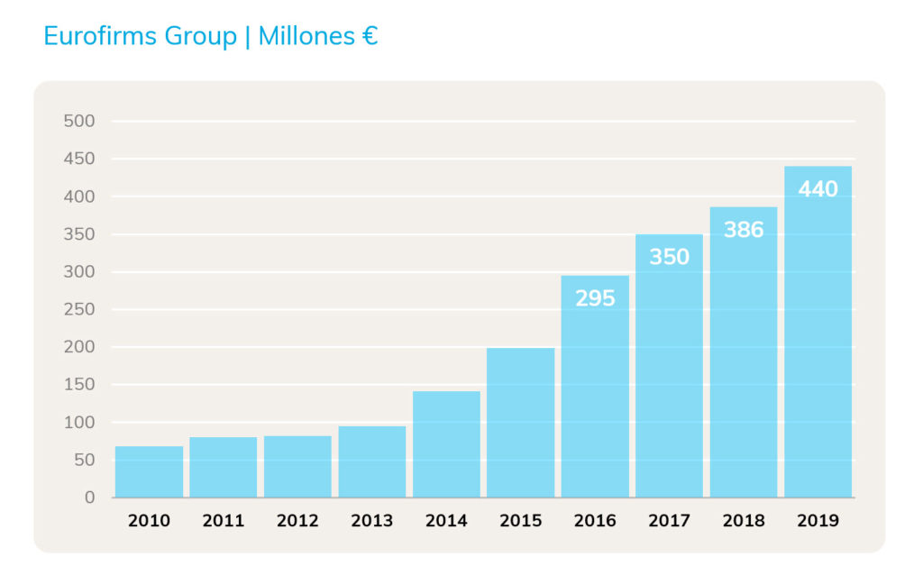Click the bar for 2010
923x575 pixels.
(x=149, y=471)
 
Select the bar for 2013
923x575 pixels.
(x=372, y=461)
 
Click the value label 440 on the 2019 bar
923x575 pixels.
(x=818, y=189)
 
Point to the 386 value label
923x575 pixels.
(x=744, y=230)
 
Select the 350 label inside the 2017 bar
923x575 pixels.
(x=669, y=257)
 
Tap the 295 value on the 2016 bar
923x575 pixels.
(x=595, y=298)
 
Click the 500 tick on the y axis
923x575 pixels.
(x=79, y=122)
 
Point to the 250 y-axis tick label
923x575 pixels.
(x=79, y=309)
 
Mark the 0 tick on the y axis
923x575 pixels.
(x=89, y=497)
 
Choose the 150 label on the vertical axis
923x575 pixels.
(x=79, y=385)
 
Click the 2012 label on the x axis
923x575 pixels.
(x=297, y=521)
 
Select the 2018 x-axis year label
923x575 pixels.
(x=744, y=521)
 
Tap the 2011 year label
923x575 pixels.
(x=224, y=521)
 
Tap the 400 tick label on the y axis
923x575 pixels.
(x=79, y=196)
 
